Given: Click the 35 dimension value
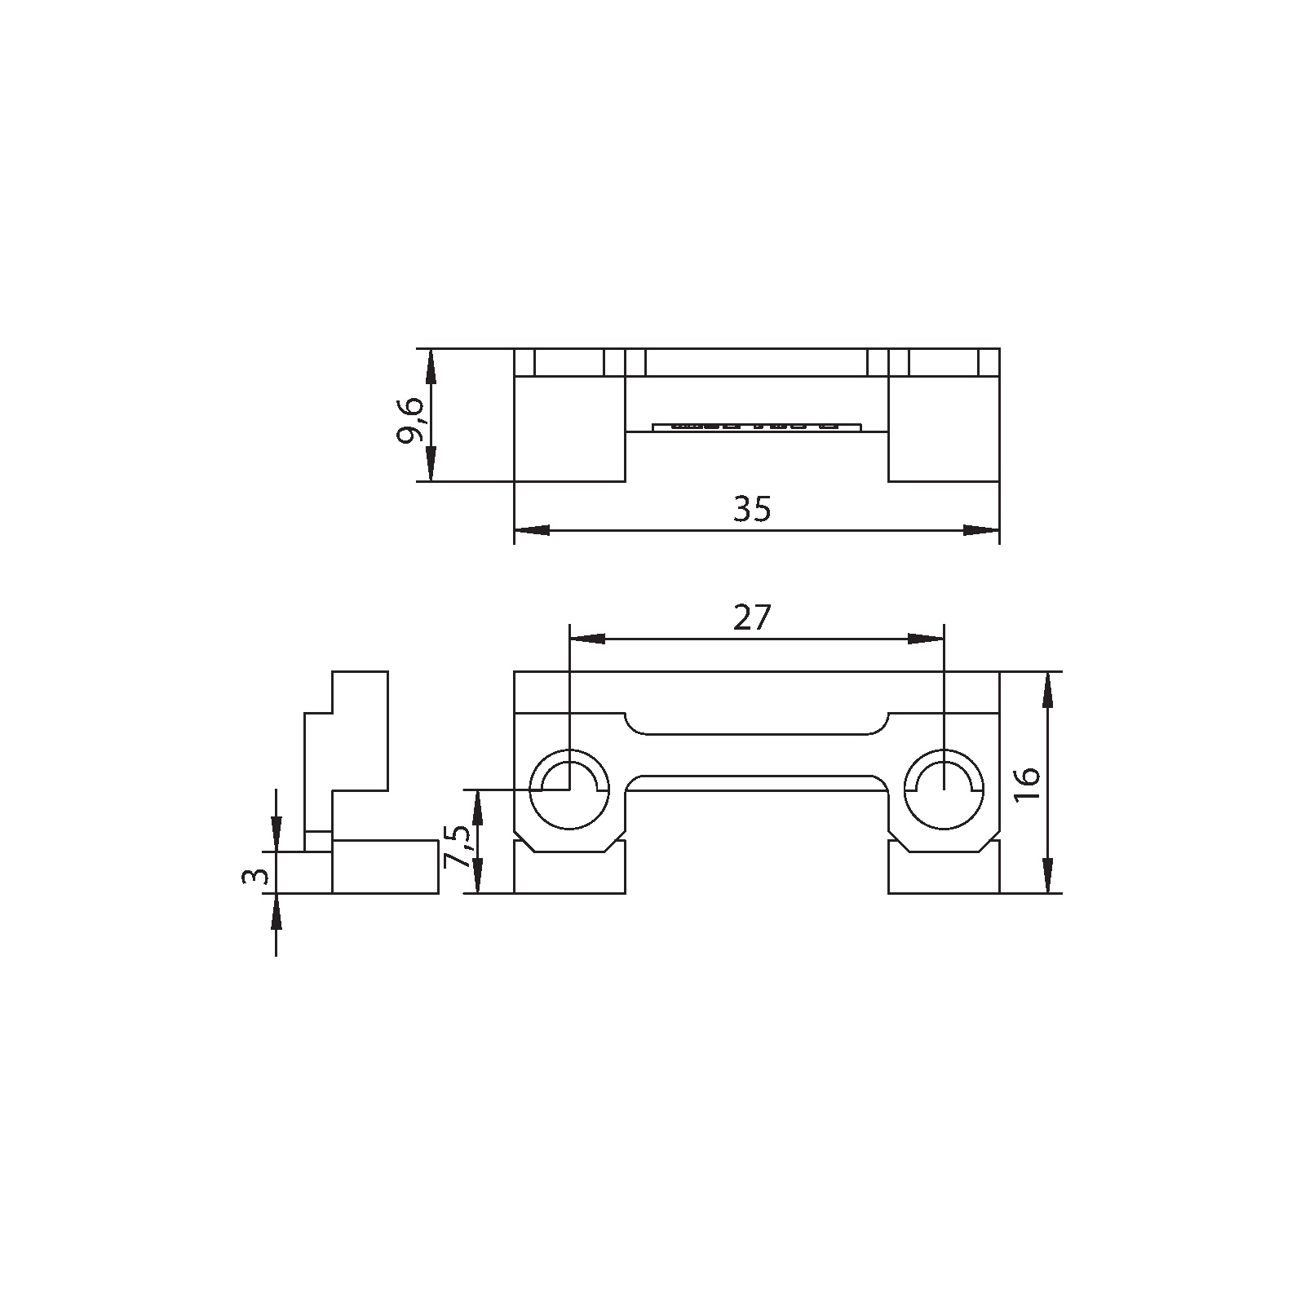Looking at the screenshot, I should [751, 509].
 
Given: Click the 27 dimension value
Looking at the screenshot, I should [751, 618].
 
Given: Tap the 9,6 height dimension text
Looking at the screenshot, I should [410, 420].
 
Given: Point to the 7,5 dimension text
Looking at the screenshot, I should [458, 848].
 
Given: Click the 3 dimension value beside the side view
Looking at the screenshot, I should [256, 876].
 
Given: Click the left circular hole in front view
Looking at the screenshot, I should [568, 787].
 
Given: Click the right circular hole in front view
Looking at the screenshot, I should [944, 787].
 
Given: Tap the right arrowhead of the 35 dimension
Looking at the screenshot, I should [981, 530].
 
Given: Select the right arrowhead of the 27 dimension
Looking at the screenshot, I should [926, 639].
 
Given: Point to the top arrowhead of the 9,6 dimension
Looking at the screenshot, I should [431, 367].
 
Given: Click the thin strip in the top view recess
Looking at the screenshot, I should [757, 426].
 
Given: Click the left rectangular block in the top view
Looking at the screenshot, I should [569, 429].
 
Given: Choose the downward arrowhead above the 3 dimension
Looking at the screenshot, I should [276, 834].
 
